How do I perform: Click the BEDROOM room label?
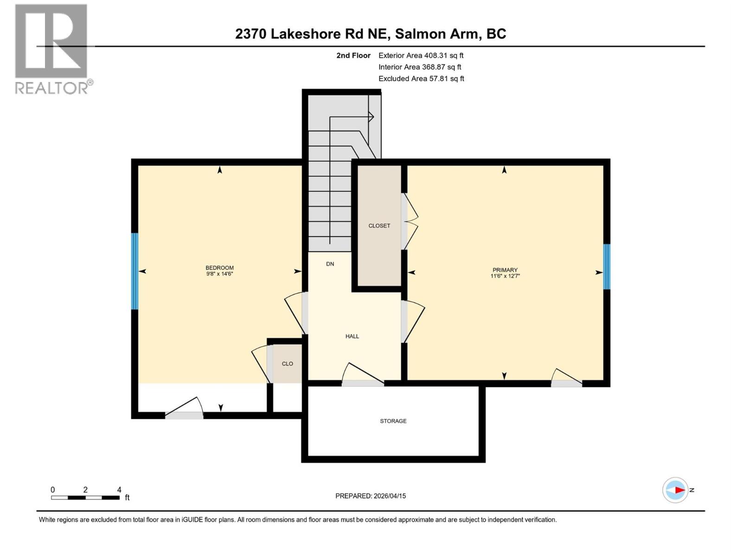[219, 267]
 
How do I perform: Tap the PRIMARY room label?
[505, 270]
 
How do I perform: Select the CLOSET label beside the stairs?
[379, 226]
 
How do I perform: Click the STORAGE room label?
[393, 421]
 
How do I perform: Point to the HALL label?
[352, 336]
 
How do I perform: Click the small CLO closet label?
[287, 364]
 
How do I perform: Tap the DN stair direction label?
[330, 264]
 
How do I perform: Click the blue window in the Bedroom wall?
[134, 271]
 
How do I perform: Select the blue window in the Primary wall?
[606, 266]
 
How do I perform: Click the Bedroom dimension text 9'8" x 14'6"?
[219, 274]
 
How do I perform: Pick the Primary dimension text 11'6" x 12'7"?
[505, 276]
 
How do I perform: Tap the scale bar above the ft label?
[85, 498]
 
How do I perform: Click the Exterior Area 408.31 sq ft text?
[421, 55]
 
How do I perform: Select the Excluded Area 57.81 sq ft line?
[421, 78]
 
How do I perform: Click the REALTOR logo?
[52, 49]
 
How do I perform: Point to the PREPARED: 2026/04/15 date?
[370, 496]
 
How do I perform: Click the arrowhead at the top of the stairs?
[371, 117]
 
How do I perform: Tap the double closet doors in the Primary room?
[410, 221]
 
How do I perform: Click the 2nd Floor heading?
[353, 55]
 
